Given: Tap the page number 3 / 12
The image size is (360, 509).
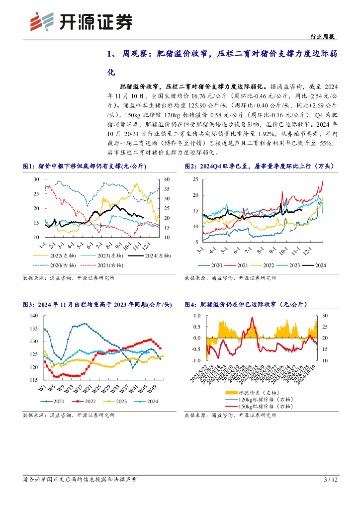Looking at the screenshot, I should [331, 480].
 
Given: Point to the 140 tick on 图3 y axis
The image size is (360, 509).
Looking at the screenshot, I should [34, 316].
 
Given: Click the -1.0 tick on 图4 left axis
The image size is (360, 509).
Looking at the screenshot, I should [196, 360].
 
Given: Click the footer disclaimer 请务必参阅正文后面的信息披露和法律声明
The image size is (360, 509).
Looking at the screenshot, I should [80, 480].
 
